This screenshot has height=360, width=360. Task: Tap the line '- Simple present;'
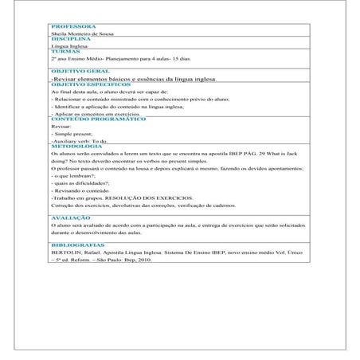pos(69,135)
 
